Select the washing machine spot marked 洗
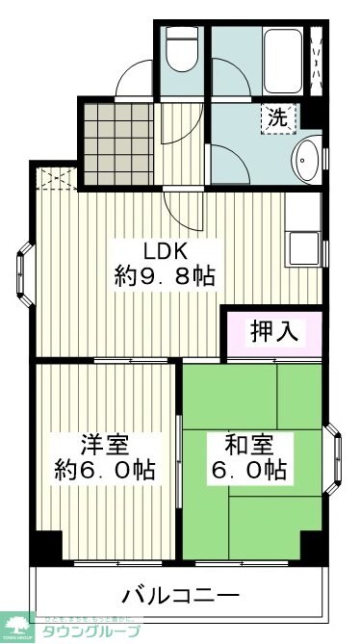pos(277,119)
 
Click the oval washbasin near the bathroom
pos(307,157)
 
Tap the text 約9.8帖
pos(165,277)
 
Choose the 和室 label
pos(248,446)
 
